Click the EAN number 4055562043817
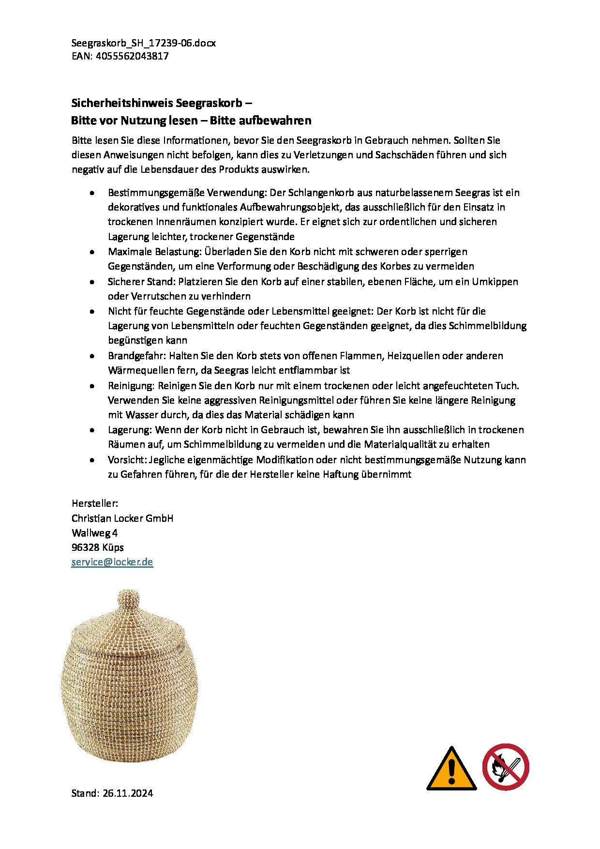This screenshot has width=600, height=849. tap(132, 56)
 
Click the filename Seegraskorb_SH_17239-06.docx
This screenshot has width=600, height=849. tap(143, 43)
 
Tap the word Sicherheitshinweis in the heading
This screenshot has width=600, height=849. tap(122, 103)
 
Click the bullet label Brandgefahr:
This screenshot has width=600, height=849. tap(137, 356)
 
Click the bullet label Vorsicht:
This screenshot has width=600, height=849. tap(127, 460)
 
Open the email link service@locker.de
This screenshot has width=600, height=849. tap(112, 562)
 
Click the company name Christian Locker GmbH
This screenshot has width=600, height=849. tap(122, 518)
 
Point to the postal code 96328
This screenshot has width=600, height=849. tap(85, 547)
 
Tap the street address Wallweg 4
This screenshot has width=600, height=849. tap(94, 533)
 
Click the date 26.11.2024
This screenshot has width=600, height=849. tap(127, 793)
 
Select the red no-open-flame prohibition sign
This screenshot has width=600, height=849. tap(505, 767)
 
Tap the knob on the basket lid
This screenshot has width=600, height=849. tap(128, 601)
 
